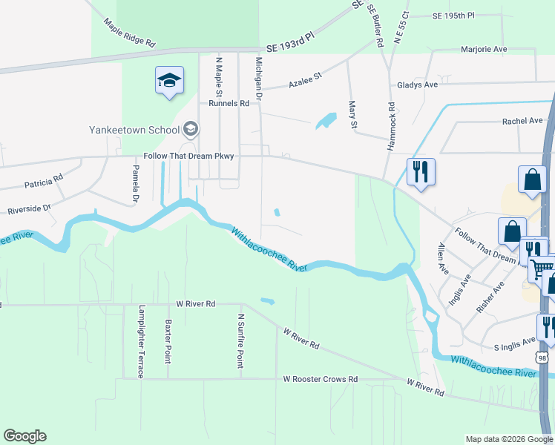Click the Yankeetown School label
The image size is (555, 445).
[134, 130]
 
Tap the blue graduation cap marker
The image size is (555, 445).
[169, 80]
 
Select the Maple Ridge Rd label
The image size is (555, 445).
[129, 33]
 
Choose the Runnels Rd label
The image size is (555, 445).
[229, 103]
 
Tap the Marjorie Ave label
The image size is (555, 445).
[484, 50]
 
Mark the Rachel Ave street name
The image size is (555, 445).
[522, 120]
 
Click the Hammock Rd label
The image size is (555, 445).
[391, 127]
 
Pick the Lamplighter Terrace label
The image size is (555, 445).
[141, 342]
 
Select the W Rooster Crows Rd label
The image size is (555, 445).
[321, 379]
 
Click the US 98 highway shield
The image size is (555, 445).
[542, 358]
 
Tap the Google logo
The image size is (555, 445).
[24, 436]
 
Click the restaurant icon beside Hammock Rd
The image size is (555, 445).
[421, 173]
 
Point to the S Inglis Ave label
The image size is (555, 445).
[515, 344]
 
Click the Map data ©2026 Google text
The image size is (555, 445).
[508, 439]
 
